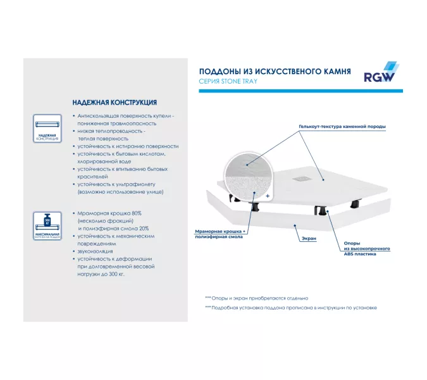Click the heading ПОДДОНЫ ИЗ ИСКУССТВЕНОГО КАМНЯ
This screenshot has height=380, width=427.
pyautogui.click(x=275, y=72)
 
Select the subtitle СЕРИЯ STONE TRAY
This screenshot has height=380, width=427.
pyautogui.click(x=228, y=82)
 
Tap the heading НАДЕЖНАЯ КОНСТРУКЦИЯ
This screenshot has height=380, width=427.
pyautogui.click(x=114, y=103)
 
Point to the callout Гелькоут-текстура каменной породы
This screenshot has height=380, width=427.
pyautogui.click(x=342, y=126)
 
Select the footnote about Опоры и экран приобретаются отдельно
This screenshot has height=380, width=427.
pyautogui.click(x=256, y=298)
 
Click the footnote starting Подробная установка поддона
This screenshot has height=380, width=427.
pyautogui.click(x=290, y=308)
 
